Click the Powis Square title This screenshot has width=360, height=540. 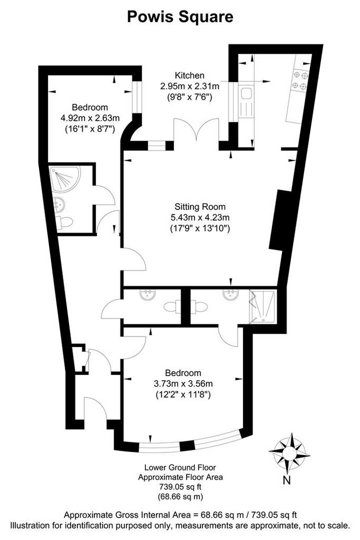[x=180, y=17]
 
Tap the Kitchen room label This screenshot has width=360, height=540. [x=190, y=75]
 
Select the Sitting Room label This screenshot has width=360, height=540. [x=200, y=207]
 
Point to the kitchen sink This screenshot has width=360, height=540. [x=247, y=93]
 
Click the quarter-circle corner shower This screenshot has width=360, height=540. [x=64, y=178]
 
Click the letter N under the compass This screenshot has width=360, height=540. [x=286, y=480]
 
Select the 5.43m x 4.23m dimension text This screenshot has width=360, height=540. [x=200, y=217]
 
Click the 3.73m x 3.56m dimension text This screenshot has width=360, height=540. [x=183, y=383]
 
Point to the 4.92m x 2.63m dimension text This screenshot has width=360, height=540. [x=90, y=118]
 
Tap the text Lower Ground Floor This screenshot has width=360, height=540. [x=180, y=467]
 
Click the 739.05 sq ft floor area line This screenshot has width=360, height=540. [x=180, y=487]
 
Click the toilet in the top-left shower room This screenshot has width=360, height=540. [x=64, y=222]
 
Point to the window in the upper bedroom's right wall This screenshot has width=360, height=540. [x=138, y=97]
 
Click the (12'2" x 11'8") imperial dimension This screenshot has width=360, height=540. [x=183, y=393]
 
